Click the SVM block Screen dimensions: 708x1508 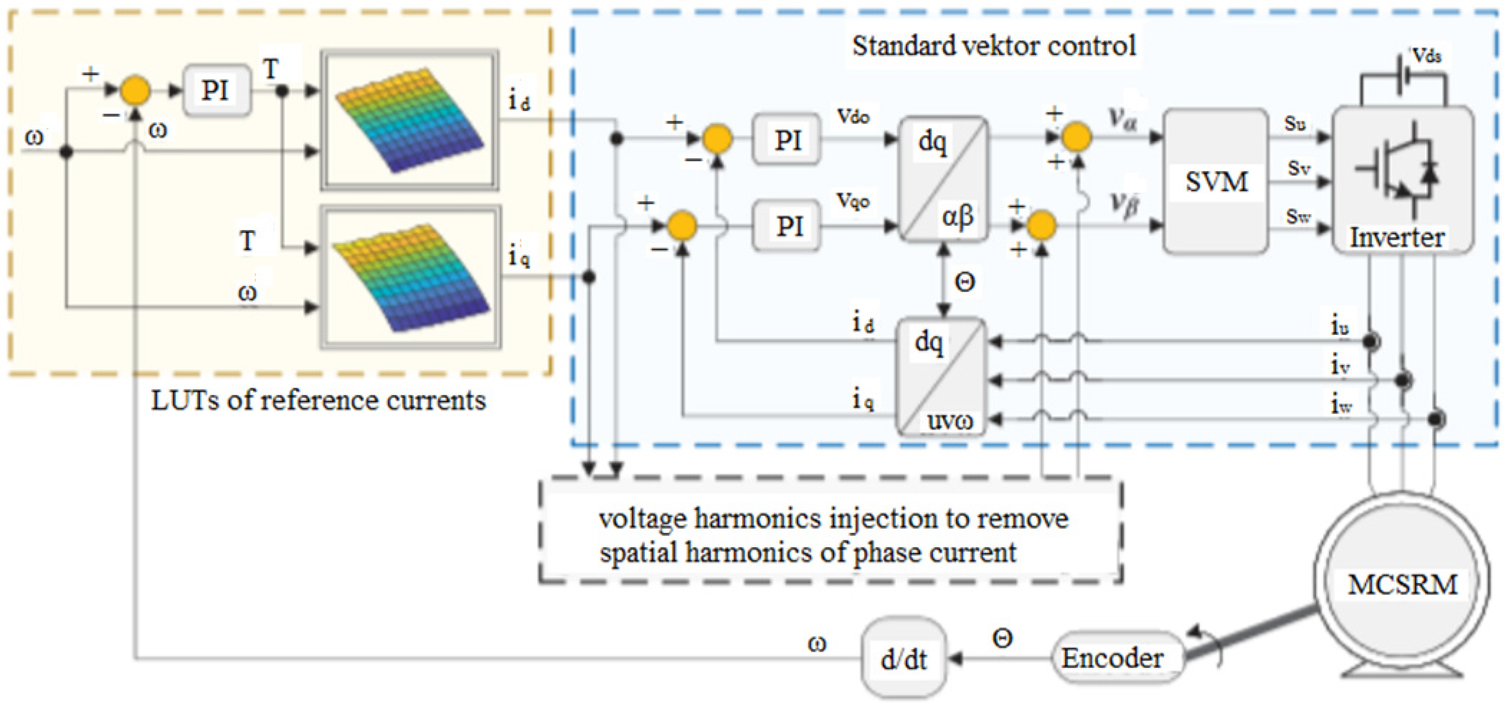pyautogui.click(x=1215, y=182)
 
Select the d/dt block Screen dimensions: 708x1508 pyautogui.click(x=903, y=659)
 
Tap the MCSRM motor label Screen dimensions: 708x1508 pyautogui.click(x=1402, y=584)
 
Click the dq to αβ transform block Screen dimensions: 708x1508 pyautogui.click(x=942, y=179)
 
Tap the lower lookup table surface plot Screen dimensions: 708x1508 pyautogui.click(x=410, y=276)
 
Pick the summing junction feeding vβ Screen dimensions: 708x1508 pyautogui.click(x=1041, y=225)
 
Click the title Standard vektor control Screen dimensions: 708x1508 pyautogui.click(x=993, y=46)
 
